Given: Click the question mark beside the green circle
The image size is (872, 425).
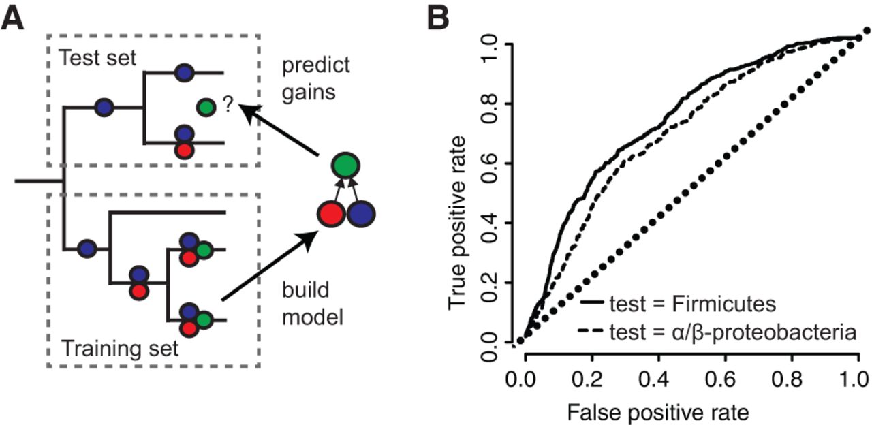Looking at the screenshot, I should point(227,106).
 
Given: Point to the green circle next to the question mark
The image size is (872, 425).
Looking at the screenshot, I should point(206,106).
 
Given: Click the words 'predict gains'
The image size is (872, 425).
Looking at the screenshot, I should point(315,78).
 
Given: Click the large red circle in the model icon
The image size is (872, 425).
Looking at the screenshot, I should point(330,215).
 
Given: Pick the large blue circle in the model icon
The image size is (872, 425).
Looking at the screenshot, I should point(361,215).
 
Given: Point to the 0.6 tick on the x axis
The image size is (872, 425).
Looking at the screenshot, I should point(726,379).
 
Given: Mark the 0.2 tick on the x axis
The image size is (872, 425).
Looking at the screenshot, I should point(591,379).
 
